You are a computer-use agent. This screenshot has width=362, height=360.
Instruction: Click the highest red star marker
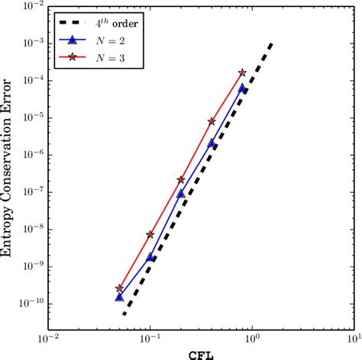point(242,72)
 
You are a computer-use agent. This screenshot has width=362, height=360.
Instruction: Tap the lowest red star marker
point(119,288)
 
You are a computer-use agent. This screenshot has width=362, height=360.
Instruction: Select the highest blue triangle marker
point(242,88)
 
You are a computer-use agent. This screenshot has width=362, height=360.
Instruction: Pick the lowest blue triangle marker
point(119,297)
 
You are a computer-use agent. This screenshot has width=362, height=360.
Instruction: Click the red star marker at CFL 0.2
point(181,179)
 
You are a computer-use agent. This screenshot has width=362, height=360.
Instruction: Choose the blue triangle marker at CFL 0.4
point(212,143)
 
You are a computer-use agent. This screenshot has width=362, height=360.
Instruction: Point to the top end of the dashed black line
point(272,43)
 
